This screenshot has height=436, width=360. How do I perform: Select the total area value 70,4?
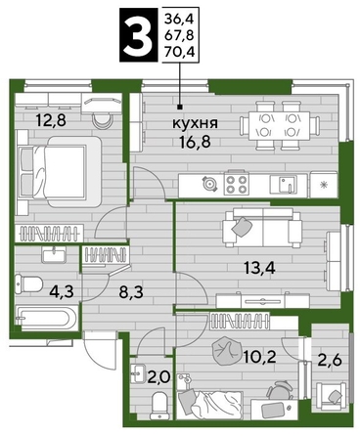pyautogui.click(x=179, y=52)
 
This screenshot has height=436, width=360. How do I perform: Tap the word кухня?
pyautogui.click(x=195, y=123)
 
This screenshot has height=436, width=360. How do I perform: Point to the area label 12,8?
pyautogui.click(x=51, y=120)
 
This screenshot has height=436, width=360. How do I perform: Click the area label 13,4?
pyautogui.click(x=260, y=268)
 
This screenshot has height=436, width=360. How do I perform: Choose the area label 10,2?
pyautogui.click(x=260, y=357)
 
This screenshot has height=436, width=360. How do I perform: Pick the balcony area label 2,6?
pyautogui.click(x=330, y=361)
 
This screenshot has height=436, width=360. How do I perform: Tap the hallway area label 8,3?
pyautogui.click(x=131, y=292)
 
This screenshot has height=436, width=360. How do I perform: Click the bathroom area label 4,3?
pyautogui.click(x=62, y=290)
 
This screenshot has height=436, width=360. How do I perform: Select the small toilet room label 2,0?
pyautogui.click(x=158, y=377)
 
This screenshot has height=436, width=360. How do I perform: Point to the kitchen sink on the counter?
pyautogui.click(x=284, y=185)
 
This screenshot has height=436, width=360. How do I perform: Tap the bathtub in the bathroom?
pyautogui.click(x=46, y=318)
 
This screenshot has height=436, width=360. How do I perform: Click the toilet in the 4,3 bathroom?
pyautogui.click(x=28, y=284)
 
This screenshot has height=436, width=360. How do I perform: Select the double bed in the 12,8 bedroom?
pyautogui.click(x=59, y=172)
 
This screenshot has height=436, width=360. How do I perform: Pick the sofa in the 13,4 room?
pyautogui.click(x=262, y=228)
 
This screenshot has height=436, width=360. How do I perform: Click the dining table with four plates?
pyautogui.click(x=279, y=126)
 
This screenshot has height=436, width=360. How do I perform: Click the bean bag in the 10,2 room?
pyautogui.click(x=224, y=350)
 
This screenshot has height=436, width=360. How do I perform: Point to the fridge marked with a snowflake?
pyautogui.click(x=324, y=185)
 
